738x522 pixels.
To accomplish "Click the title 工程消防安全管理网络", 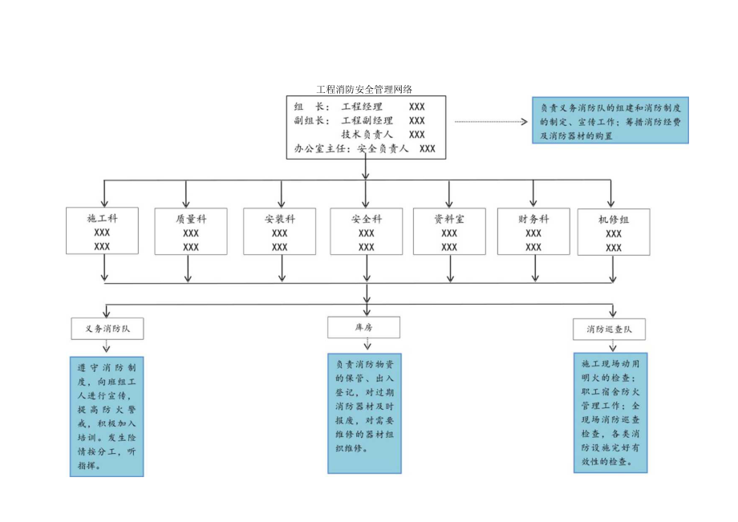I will (x=365, y=90).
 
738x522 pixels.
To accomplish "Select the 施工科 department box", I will (x=102, y=232).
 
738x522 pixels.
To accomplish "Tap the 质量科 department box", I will (x=191, y=232).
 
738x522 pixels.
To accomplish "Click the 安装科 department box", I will (x=280, y=232).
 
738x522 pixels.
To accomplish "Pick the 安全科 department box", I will (x=367, y=232).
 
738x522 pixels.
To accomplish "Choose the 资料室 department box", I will (x=449, y=232).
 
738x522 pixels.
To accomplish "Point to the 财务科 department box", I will (x=533, y=232).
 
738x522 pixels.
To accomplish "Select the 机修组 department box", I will (x=614, y=233).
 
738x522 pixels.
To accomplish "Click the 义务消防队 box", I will (x=107, y=328).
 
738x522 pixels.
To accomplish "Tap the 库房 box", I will (x=363, y=327).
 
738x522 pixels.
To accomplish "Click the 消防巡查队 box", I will (x=610, y=329).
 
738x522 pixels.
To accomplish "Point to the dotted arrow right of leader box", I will (x=490, y=122).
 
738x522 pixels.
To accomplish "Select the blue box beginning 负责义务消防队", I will (x=610, y=121).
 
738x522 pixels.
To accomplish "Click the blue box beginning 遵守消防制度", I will (x=107, y=416).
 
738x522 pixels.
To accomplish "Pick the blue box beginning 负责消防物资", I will (x=363, y=413).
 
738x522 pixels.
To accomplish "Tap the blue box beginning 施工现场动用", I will (x=610, y=412).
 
